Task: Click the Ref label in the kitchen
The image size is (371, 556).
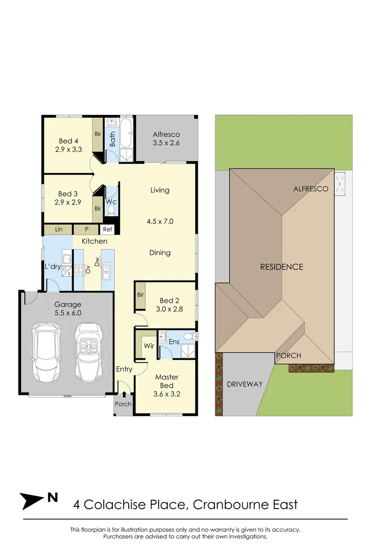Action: point(107,229)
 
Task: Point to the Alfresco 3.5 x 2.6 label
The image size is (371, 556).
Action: point(166,139)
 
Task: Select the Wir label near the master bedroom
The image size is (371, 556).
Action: point(149,346)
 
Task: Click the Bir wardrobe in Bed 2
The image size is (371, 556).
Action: point(140,296)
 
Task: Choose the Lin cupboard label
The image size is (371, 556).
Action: point(59,229)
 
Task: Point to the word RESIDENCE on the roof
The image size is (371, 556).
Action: point(281,267)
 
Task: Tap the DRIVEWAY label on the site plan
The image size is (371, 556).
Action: point(245,384)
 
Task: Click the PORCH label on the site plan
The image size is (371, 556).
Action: point(289,356)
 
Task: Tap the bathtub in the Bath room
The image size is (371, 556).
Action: point(126,133)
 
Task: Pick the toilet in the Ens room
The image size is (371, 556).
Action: point(189,337)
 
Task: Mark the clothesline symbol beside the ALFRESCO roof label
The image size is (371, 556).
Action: point(340,184)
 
